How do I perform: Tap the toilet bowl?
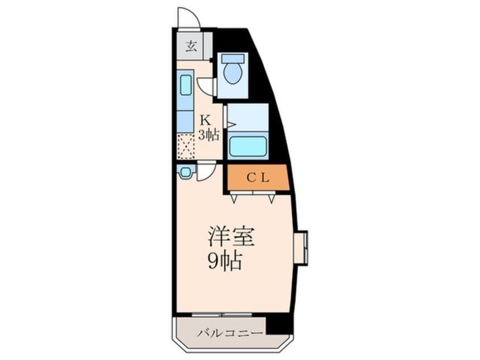click(x=232, y=73)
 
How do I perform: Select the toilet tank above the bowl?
click(x=232, y=58)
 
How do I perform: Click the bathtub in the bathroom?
click(x=247, y=147)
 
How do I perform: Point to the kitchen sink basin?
click(x=186, y=86)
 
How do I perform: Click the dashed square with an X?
click(x=186, y=146)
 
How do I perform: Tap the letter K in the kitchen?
click(x=205, y=120)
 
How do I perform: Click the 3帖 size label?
click(x=208, y=135)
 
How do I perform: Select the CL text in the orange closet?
click(x=258, y=178)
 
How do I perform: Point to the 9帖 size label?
click(x=225, y=261)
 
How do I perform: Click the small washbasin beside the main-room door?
click(x=185, y=171)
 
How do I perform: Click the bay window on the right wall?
click(x=301, y=248)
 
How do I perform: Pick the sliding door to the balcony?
click(x=221, y=314)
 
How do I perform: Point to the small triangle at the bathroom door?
click(x=230, y=123)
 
